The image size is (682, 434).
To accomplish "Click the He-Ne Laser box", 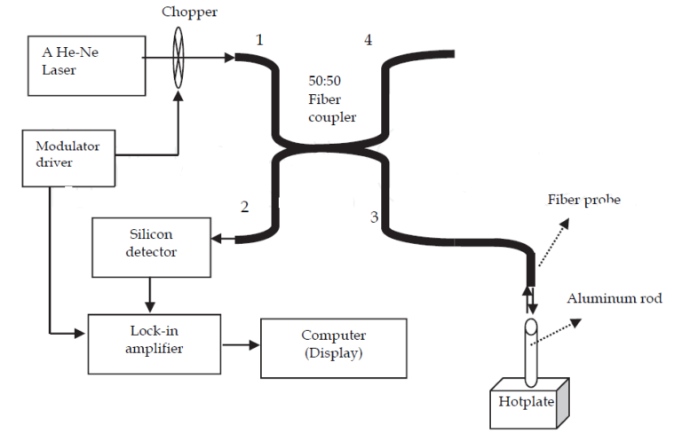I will (86, 64).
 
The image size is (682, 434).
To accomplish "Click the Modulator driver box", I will (69, 157).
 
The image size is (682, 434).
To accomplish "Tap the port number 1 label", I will (260, 41).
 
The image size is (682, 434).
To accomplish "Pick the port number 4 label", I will (367, 41).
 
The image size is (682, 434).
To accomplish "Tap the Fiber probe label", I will (583, 200).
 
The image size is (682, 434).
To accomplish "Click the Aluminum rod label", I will (614, 298).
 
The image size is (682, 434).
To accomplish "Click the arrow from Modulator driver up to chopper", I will (179, 115).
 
